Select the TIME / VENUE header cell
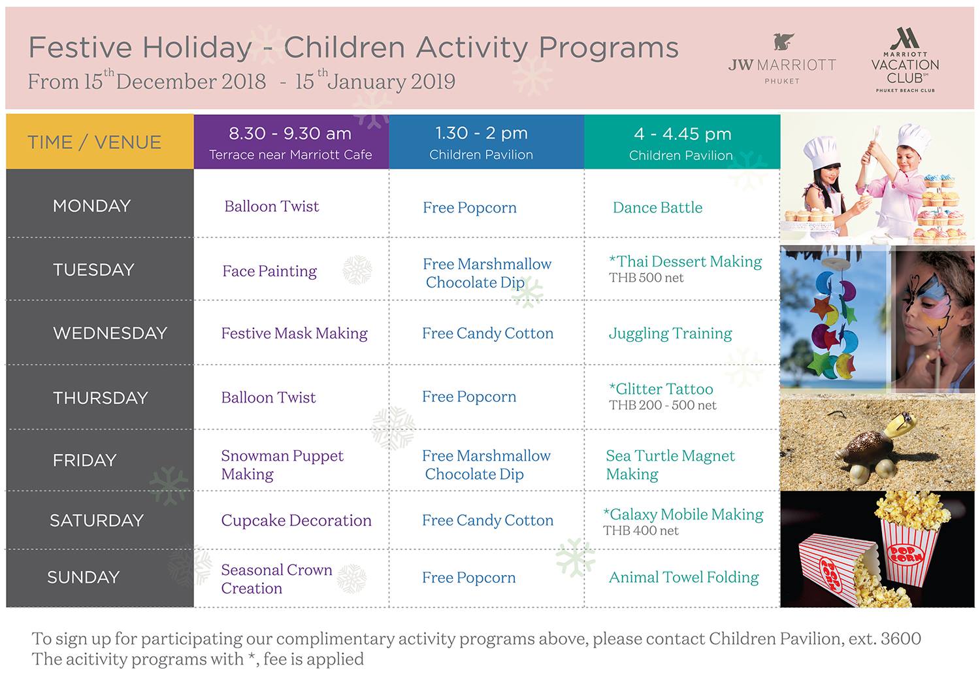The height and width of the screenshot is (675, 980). click(x=100, y=142)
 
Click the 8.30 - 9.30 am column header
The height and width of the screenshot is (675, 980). click(x=291, y=142)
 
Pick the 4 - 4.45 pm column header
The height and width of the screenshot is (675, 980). click(x=682, y=142)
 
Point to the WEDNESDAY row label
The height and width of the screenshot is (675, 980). click(x=110, y=333)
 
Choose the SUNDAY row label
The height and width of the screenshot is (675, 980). click(x=83, y=577)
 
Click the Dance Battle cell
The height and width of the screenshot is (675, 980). click(x=657, y=207)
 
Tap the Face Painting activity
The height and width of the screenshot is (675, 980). click(x=269, y=271)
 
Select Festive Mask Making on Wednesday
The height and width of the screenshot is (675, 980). click(x=295, y=333)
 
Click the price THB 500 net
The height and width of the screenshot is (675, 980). click(x=646, y=278)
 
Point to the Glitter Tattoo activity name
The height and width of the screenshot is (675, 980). click(x=661, y=388)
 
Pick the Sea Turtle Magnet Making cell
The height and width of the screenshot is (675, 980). click(x=670, y=465)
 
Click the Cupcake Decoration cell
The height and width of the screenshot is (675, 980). click(x=296, y=520)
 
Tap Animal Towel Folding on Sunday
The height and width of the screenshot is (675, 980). click(x=684, y=578)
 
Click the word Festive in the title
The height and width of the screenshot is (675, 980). click(x=80, y=47)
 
